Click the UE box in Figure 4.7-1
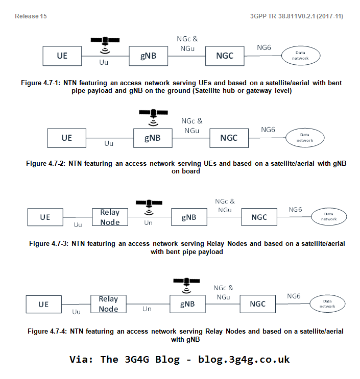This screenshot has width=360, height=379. click(62, 56)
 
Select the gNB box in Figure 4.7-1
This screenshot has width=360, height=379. click(149, 56)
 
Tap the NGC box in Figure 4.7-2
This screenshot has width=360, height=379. click(229, 138)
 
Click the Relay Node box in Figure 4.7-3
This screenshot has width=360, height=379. click(110, 217)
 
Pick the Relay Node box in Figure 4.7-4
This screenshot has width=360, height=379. click(108, 304)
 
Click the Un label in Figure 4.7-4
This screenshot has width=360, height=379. click(147, 309)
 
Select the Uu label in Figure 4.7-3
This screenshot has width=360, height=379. click(78, 224)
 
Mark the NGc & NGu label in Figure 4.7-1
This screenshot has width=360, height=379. click(187, 42)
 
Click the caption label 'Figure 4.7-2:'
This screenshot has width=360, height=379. click(47, 164)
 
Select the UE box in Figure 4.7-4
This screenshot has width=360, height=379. click(44, 305)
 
